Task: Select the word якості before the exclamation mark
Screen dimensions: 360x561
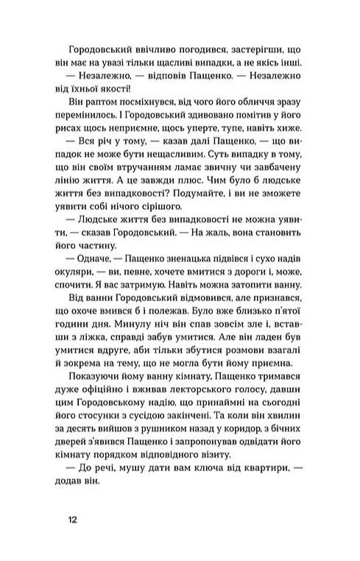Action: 155,92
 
